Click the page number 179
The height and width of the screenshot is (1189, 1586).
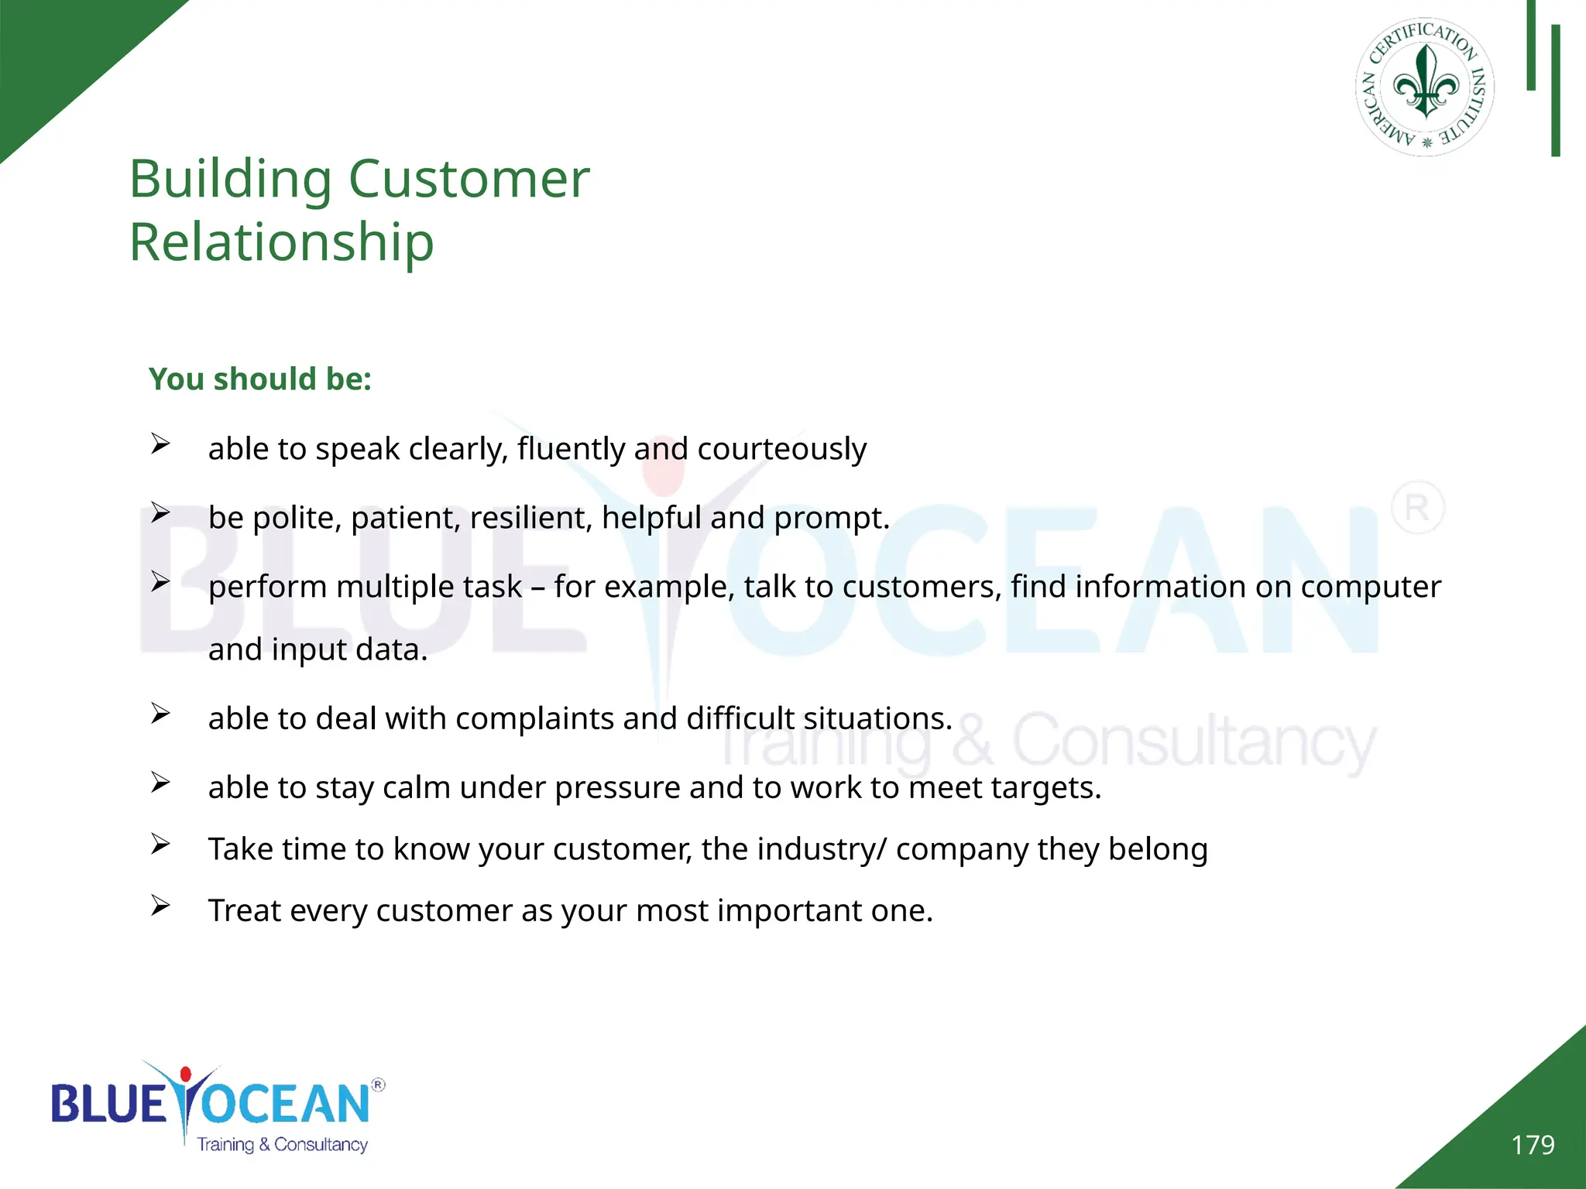[x=1533, y=1145]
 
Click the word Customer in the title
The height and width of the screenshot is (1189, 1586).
[x=469, y=179]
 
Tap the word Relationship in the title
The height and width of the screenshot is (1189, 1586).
[x=281, y=242]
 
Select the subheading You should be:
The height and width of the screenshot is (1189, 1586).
[x=260, y=379]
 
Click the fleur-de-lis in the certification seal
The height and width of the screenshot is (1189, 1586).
[x=1426, y=84]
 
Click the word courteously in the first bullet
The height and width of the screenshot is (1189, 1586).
[x=781, y=449]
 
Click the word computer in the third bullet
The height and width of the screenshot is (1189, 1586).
[x=1371, y=587]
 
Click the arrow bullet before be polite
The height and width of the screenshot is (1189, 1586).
[x=160, y=512]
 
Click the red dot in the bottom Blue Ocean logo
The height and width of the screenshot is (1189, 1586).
[x=185, y=1074]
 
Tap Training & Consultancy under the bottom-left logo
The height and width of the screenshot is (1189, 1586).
[x=282, y=1144]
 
